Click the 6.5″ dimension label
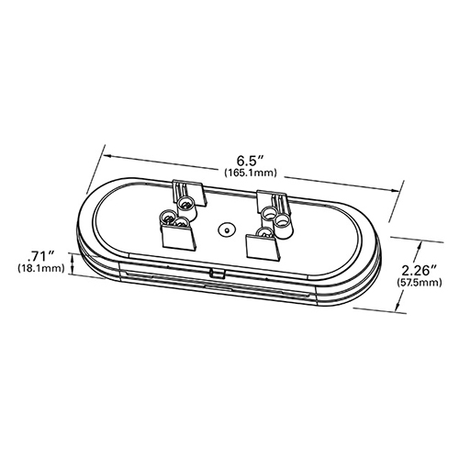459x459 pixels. [x=251, y=161]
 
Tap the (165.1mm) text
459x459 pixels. [x=251, y=174]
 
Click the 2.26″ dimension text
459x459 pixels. [x=419, y=271]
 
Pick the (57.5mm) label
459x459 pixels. [x=419, y=283]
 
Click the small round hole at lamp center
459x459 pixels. [x=226, y=229]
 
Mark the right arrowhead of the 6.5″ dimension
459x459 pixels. [x=393, y=190]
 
